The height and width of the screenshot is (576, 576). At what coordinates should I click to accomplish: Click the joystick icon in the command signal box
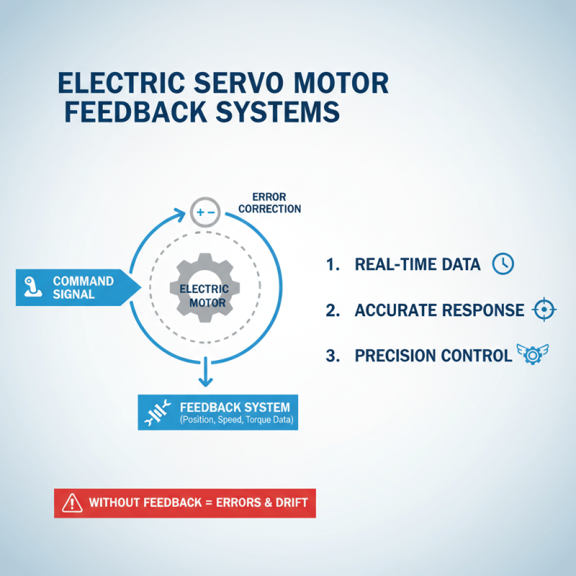click(30, 287)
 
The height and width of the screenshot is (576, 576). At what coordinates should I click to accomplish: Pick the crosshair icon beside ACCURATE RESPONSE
click(544, 310)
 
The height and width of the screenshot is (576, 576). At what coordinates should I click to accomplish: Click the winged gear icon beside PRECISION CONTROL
click(532, 354)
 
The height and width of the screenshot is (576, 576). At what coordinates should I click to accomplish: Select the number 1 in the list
click(332, 265)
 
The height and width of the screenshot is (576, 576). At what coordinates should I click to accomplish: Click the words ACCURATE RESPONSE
click(439, 310)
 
